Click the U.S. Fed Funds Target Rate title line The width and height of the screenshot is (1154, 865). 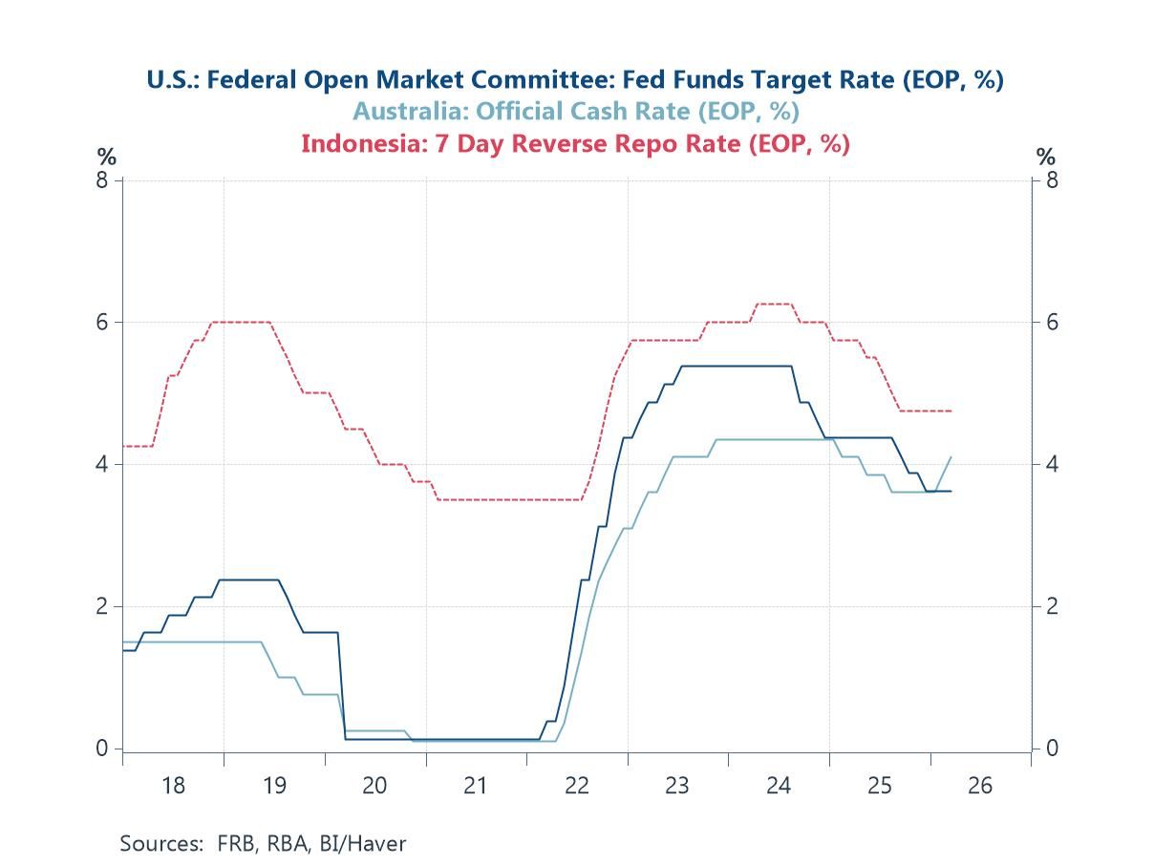coord(575,79)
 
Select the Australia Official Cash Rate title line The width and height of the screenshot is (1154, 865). coord(575,111)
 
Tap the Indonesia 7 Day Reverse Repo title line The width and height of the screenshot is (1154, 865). coord(575,143)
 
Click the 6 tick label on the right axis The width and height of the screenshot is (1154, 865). coord(1051,322)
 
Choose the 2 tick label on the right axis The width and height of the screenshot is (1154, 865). coord(1051,606)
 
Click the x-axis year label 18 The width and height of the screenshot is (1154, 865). coord(173,786)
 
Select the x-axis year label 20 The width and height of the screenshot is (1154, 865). coord(374,786)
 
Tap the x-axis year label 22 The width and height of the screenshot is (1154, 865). coord(577,786)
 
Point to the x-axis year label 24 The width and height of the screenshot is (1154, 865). coord(779,786)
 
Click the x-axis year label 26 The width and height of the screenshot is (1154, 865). coord(980,786)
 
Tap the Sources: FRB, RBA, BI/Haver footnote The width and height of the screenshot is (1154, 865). coord(263,843)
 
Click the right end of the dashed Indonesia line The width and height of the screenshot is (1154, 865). coord(951,411)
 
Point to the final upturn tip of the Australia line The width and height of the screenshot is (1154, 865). coord(951,457)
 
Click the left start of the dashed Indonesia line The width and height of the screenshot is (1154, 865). coord(124,446)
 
